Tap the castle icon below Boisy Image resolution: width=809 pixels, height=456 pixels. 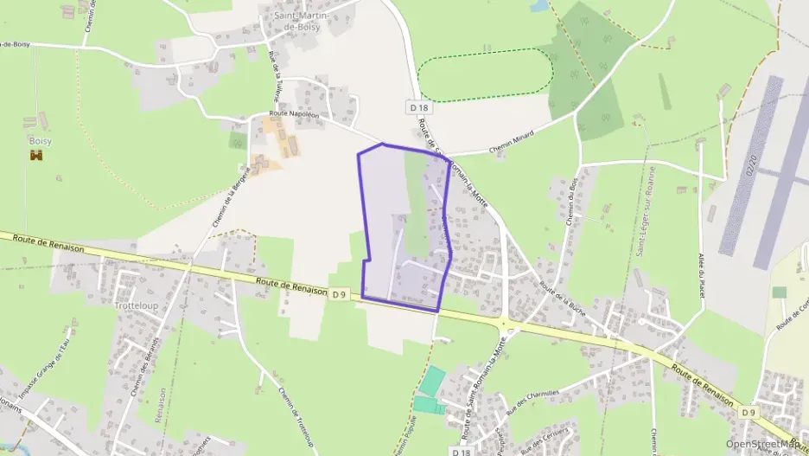[x=36, y=155]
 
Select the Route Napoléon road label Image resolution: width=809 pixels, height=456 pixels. [x=294, y=113]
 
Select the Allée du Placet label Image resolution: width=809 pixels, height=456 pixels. [x=701, y=273]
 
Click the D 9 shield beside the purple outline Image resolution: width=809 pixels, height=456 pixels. [x=339, y=294]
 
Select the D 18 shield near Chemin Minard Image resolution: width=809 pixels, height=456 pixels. [x=418, y=107]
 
